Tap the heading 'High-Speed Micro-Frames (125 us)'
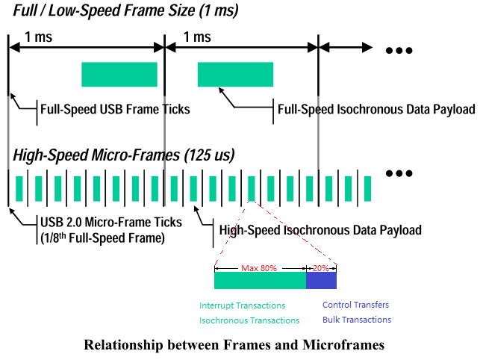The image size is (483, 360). click(x=124, y=156)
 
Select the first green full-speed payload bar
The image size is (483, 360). click(x=119, y=74)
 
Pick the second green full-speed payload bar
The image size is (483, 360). click(x=235, y=74)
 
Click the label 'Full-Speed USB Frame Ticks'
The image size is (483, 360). click(x=115, y=109)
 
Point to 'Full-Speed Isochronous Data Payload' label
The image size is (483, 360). click(x=376, y=109)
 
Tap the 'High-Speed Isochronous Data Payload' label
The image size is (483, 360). click(x=320, y=230)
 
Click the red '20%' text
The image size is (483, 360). click(x=322, y=267)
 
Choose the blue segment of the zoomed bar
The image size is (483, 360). click(x=322, y=280)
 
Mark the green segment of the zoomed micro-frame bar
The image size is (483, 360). click(x=260, y=280)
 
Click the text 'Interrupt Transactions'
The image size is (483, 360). click(x=242, y=305)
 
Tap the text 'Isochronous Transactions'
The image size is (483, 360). click(x=249, y=320)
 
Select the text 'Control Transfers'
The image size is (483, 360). click(x=355, y=305)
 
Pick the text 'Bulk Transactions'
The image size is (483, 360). click(x=356, y=320)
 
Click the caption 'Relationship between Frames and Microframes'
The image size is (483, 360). click(x=234, y=344)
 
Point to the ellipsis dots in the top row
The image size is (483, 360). click(x=399, y=51)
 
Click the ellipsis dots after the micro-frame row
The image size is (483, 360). click(x=399, y=173)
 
